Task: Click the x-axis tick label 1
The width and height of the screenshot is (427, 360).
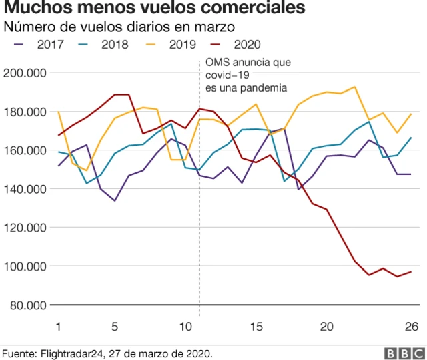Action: (59, 326)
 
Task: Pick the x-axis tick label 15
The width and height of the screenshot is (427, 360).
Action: (256, 326)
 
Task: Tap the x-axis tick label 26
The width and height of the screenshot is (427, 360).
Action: (411, 326)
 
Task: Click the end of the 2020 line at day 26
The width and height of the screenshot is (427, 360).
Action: (411, 272)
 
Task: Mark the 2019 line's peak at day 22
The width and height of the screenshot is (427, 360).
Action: (354, 87)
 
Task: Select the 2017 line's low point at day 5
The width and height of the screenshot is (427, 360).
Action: (115, 200)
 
